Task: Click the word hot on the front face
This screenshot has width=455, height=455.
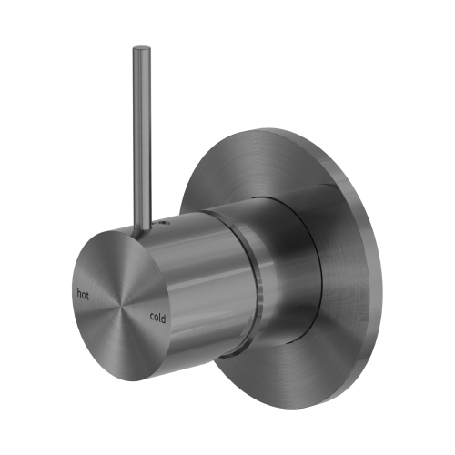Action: [x=83, y=294]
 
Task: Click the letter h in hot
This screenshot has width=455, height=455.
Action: [x=78, y=294]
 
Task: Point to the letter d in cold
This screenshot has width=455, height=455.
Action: [x=166, y=317]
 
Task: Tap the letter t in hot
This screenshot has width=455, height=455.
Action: [x=88, y=294]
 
